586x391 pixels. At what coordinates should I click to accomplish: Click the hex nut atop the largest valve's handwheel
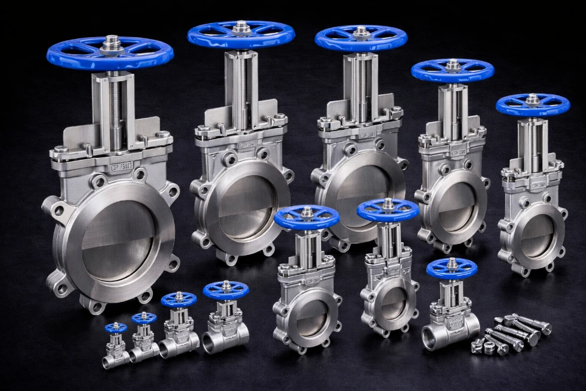click(111, 42)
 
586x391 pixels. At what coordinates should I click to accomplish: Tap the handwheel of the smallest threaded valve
click(116, 328)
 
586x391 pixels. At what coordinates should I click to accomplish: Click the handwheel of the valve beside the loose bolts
click(451, 269)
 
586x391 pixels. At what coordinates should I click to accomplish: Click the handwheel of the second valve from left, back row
click(241, 34)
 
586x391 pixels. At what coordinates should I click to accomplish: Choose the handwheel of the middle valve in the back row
click(361, 38)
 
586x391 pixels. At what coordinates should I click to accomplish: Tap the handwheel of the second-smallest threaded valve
click(144, 318)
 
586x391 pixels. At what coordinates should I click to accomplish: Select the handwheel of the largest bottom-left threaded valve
click(226, 290)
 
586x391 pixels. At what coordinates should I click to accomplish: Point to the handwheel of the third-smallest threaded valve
click(178, 300)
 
